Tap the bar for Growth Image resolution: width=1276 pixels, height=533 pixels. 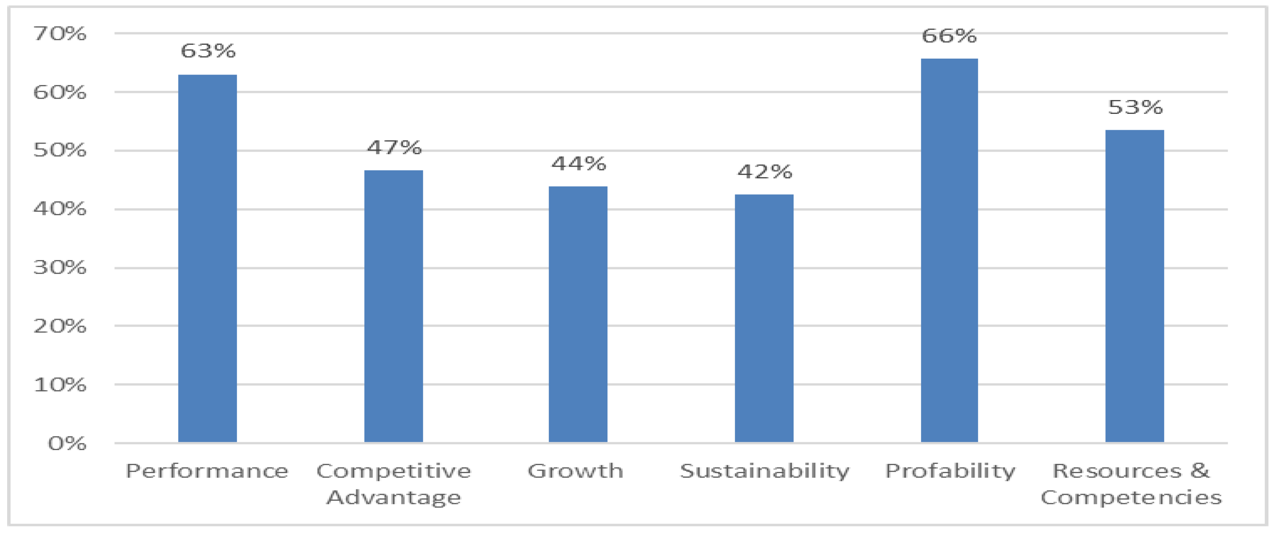pyautogui.click(x=578, y=314)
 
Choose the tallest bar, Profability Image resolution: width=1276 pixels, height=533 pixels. pyautogui.click(x=949, y=250)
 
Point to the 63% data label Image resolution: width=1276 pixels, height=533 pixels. pyautogui.click(x=208, y=51)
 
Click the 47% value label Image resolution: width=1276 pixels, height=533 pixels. pyautogui.click(x=394, y=147)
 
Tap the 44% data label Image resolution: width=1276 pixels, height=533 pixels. pyautogui.click(x=578, y=163)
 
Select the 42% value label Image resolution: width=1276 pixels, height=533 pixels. pyautogui.click(x=764, y=172)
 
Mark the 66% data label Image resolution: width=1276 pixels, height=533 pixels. pyautogui.click(x=949, y=36)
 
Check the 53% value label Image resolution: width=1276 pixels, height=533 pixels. pyautogui.click(x=1135, y=107)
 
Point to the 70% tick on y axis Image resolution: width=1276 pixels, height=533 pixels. pyautogui.click(x=60, y=33)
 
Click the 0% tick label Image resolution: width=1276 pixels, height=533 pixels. pyautogui.click(x=67, y=443)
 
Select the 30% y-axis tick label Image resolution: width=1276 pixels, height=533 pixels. pyautogui.click(x=60, y=268)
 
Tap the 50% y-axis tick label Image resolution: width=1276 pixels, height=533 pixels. pyautogui.click(x=60, y=150)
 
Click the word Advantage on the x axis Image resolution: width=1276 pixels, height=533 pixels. pyautogui.click(x=394, y=497)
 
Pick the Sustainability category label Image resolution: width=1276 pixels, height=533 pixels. pyautogui.click(x=764, y=471)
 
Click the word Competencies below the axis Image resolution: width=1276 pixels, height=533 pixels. pyautogui.click(x=1131, y=497)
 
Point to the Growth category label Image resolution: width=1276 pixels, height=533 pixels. pyautogui.click(x=575, y=471)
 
